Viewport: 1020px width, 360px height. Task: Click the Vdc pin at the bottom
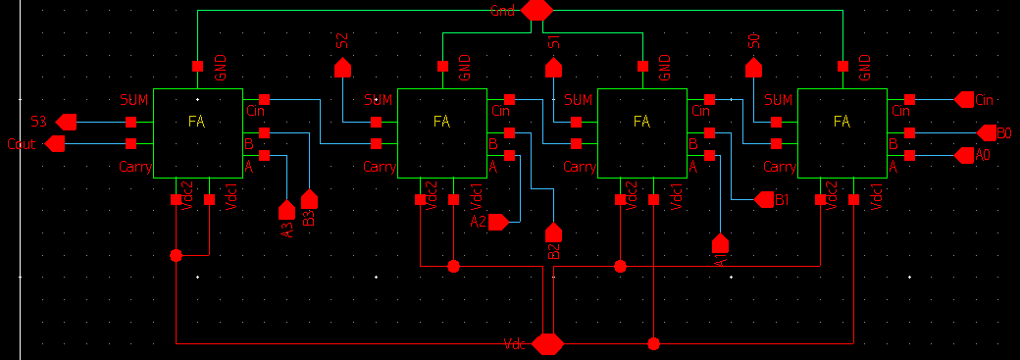[546, 344]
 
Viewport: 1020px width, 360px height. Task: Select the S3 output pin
[66, 122]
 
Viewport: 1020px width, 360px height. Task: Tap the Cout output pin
[56, 144]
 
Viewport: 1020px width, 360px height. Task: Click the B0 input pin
[986, 132]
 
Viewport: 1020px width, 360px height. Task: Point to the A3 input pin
[286, 210]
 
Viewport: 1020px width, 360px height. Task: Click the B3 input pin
[309, 200]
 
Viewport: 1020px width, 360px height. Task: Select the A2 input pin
[497, 223]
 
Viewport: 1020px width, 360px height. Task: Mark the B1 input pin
[765, 200]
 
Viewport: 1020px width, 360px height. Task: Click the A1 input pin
[720, 242]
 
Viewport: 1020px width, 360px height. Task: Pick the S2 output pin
[342, 68]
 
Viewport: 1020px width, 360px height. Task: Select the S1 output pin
[554, 68]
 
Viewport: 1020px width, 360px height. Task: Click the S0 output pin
[753, 68]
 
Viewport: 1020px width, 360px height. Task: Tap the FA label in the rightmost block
[841, 122]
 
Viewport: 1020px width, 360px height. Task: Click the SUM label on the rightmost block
[778, 100]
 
